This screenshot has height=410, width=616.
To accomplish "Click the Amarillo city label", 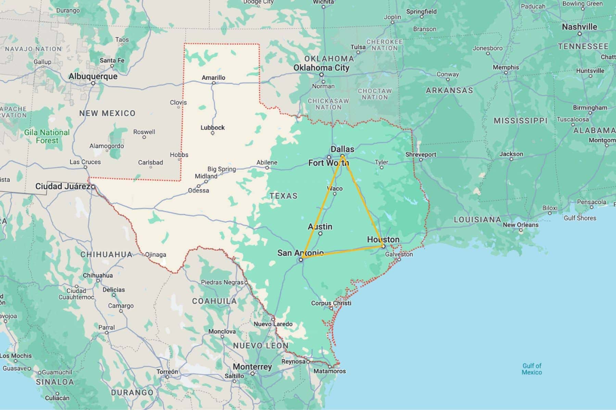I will coord(213,78).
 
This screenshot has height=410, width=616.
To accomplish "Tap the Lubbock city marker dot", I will coord(213,133).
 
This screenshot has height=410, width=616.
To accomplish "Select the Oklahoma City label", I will coord(321,68).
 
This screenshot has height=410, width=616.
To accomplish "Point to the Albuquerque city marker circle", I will coord(93,83).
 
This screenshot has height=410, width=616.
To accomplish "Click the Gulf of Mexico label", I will coord(531,369).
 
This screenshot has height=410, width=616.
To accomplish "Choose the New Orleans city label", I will coord(521,225).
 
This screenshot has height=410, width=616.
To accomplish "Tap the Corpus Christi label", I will coord(331,303).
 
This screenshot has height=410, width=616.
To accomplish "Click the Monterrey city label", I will coord(252,367).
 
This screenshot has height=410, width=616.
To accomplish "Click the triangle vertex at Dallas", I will coord(342,157).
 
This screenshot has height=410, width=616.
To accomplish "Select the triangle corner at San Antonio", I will coord(303,257).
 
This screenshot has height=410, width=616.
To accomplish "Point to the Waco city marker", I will coord(335,194).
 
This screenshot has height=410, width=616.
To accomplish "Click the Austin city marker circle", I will coord(320,234).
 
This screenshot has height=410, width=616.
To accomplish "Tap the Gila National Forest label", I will coord(47,136).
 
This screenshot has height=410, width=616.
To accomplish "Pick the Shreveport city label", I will coord(421,154).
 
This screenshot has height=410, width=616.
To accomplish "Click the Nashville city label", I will coord(579,27).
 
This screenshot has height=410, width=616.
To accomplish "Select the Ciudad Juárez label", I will coord(63,186).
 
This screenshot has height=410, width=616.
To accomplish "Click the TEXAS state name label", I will coord(283,196).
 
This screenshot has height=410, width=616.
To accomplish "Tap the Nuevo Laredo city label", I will coord(273,324).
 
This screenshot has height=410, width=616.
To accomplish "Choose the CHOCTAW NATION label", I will coord(375,94).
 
